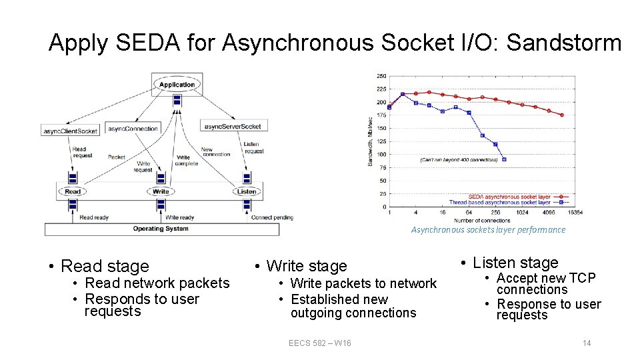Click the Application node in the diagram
[x=177, y=85]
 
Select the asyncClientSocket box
[x=69, y=130]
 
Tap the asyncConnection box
[x=133, y=129]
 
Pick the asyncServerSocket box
[x=232, y=126]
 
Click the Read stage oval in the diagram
[x=73, y=192]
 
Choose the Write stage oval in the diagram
[x=161, y=192]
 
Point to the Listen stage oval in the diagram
[x=246, y=192]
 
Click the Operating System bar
[x=161, y=229]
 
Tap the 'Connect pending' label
[x=271, y=217]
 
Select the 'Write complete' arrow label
[x=187, y=161]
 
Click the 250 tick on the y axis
[x=381, y=75]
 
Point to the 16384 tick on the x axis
[x=574, y=213]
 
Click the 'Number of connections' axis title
[x=482, y=220]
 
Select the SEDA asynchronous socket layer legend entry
[x=509, y=197]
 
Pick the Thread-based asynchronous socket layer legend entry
[x=509, y=203]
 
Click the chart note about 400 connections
[x=458, y=160]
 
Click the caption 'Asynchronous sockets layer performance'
[x=488, y=230]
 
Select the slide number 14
[x=587, y=343]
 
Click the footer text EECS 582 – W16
[x=320, y=343]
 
